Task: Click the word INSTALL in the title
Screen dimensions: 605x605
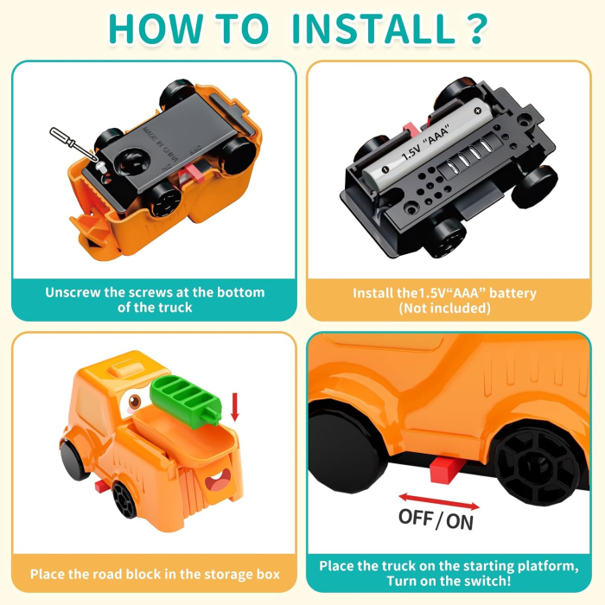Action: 373,29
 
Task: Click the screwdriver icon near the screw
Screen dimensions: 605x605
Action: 73,144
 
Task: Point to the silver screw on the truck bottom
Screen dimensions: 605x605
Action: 101,167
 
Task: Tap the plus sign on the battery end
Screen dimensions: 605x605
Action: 477,111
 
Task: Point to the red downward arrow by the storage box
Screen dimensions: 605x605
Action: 234,407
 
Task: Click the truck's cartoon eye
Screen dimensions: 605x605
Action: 133,401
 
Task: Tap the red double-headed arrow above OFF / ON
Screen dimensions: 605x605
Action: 439,501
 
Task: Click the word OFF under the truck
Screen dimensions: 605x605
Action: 416,517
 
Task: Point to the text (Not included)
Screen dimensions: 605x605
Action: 444,309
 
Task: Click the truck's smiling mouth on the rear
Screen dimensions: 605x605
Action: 218,481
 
